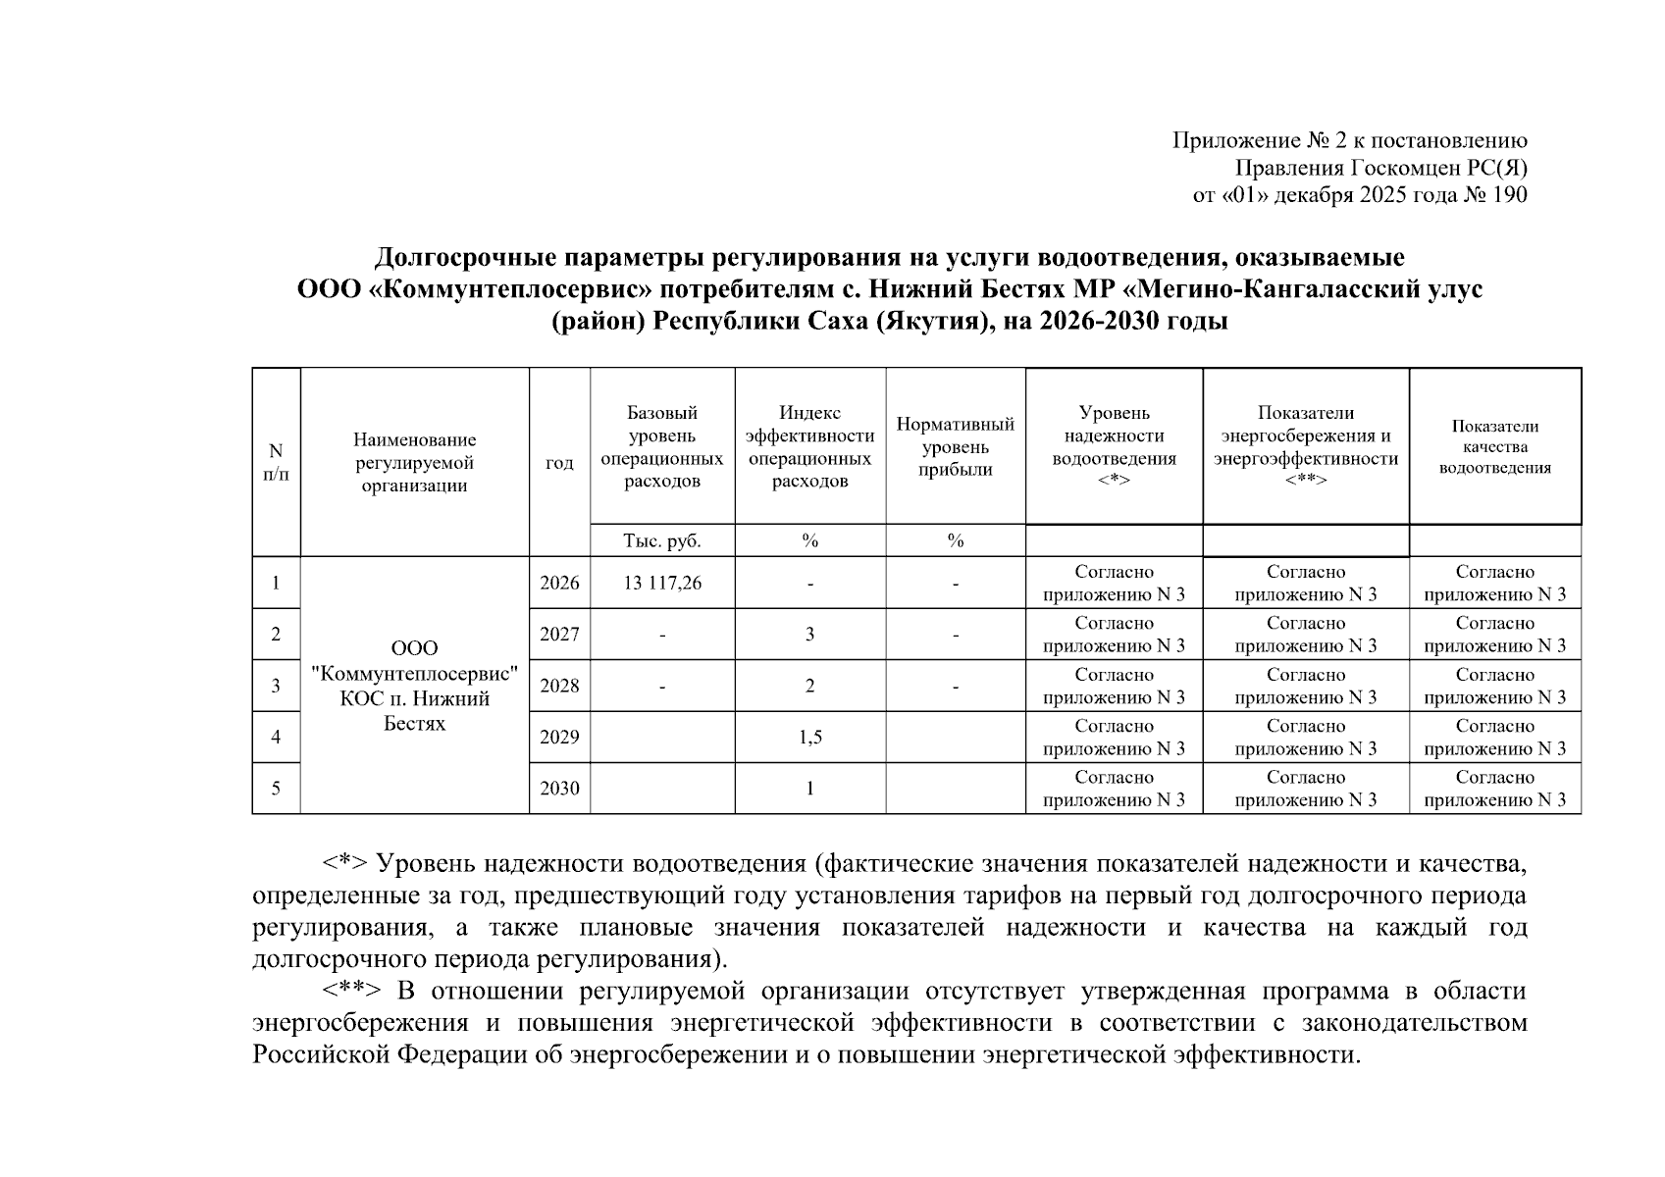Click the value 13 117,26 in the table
(x=662, y=583)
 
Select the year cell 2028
(x=559, y=686)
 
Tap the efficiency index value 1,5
(x=809, y=737)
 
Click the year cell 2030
(x=559, y=788)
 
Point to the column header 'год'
(x=559, y=462)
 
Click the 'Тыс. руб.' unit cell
(x=662, y=540)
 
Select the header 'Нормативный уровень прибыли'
(x=955, y=446)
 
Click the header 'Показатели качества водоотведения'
(x=1494, y=446)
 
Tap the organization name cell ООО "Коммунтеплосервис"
(x=414, y=686)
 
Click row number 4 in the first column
(x=276, y=737)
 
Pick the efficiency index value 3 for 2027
(x=809, y=634)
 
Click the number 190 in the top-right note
(x=1509, y=194)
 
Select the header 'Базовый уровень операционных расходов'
(x=662, y=446)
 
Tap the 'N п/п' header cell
(x=276, y=462)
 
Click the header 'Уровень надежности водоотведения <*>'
(x=1114, y=446)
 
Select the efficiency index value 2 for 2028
(x=809, y=686)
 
